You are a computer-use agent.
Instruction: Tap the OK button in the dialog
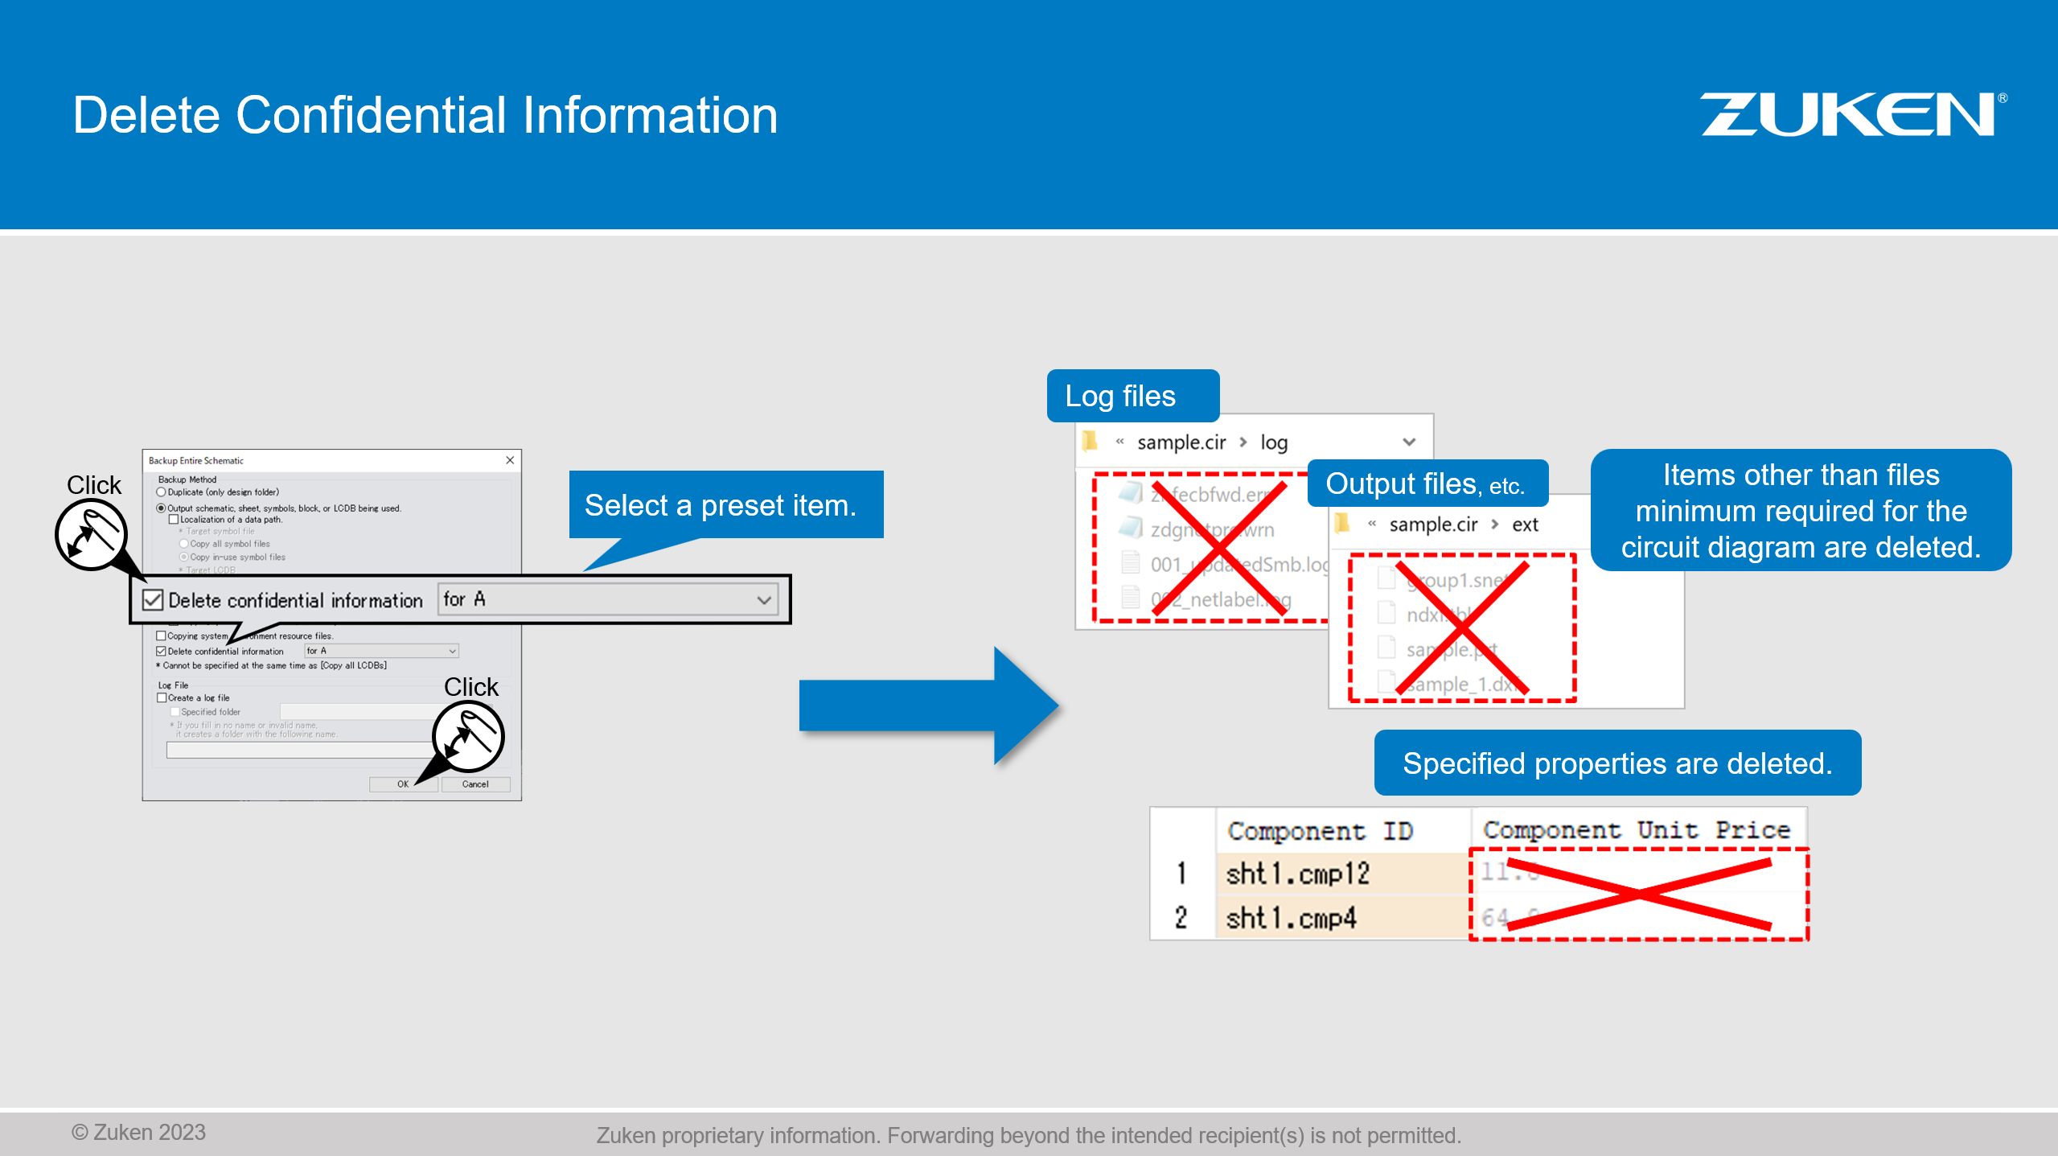(x=403, y=784)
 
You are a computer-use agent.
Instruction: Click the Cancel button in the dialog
(x=475, y=784)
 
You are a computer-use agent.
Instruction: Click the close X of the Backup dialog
(x=510, y=460)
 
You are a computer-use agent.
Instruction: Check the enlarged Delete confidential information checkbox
(x=153, y=600)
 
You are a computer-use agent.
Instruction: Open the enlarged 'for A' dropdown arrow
(x=763, y=600)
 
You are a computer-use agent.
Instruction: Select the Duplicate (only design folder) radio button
(x=162, y=492)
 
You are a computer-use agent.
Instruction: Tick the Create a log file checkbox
(x=162, y=698)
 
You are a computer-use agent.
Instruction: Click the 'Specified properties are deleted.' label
(x=1616, y=763)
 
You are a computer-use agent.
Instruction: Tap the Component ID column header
(x=1320, y=831)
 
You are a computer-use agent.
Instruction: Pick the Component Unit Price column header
(x=1636, y=829)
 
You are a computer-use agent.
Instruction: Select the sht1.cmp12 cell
(x=1297, y=874)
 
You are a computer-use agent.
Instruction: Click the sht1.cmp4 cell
(x=1291, y=918)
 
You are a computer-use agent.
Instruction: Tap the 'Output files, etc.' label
(x=1425, y=484)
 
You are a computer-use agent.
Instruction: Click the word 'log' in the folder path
(x=1274, y=442)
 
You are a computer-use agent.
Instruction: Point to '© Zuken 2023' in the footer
(x=138, y=1133)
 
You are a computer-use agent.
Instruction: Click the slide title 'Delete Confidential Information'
(x=425, y=115)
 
